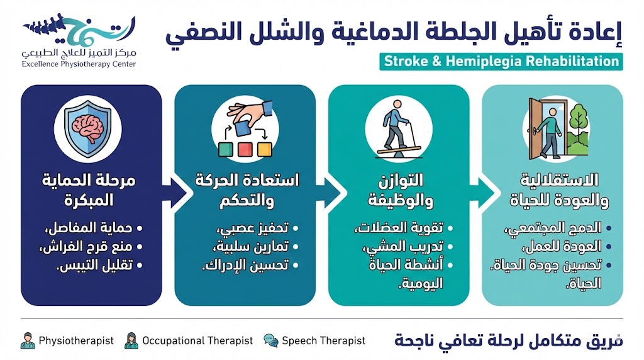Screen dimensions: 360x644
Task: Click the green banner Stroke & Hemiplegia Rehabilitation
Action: (501, 62)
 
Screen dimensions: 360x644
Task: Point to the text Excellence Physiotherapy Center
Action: (79, 64)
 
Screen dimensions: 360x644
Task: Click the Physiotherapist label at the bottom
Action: (76, 340)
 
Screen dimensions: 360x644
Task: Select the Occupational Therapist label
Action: (197, 340)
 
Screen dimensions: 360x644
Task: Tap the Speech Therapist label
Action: (323, 340)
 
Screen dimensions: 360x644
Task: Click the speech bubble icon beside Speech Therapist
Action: (271, 340)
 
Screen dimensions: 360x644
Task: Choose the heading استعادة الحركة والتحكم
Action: (245, 190)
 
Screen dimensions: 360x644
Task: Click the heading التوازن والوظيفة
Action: (399, 190)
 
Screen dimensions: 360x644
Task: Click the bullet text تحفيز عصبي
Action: (255, 228)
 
